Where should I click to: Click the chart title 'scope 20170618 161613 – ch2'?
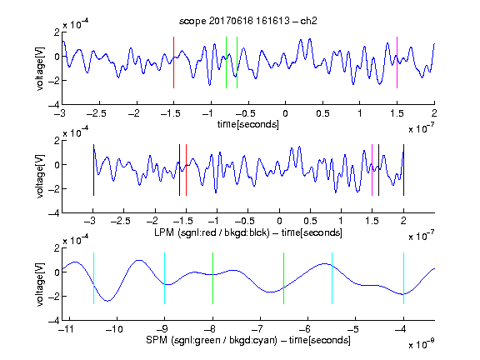coord(248,21)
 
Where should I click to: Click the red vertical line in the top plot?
coord(173,62)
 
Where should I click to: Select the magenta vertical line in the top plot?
coord(397,62)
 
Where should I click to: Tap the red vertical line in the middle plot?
coord(186,170)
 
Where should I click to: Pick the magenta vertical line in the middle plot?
coord(372,170)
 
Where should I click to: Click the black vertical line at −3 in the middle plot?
coord(93,170)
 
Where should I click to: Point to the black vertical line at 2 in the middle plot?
coord(403,170)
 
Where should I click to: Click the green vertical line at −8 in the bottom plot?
coord(212,278)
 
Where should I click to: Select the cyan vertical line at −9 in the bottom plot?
coord(164,278)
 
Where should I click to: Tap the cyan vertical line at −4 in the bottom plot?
coord(403,278)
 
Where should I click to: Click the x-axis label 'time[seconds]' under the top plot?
coord(248,124)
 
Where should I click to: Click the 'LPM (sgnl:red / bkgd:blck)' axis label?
coord(212,232)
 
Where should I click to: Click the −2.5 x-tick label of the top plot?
coord(97,113)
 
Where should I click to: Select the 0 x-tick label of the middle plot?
coord(279,221)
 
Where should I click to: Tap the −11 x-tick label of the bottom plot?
coord(66,329)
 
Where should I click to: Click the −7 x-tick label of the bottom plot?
coord(258,329)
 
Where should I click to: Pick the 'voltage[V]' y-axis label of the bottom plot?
coord(40,284)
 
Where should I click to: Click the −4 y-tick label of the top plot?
coord(54,105)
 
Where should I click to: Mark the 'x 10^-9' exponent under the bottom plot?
coord(421,344)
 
